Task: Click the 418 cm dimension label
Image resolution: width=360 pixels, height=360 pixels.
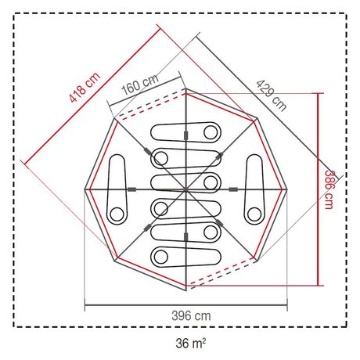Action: click(85, 87)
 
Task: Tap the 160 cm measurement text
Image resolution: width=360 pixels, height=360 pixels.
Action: click(140, 85)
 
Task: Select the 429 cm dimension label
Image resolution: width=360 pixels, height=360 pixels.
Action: click(272, 95)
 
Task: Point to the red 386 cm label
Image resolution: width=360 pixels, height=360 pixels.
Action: click(329, 189)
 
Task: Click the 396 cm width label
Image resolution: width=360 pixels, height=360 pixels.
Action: click(191, 316)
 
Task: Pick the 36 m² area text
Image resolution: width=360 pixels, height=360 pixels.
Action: click(191, 343)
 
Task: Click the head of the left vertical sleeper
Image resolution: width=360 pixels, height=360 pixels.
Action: click(117, 214)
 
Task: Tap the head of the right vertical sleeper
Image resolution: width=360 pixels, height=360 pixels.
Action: click(254, 214)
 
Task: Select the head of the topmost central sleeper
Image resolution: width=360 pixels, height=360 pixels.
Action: click(211, 132)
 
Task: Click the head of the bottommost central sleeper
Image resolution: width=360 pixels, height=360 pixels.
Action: click(160, 257)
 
